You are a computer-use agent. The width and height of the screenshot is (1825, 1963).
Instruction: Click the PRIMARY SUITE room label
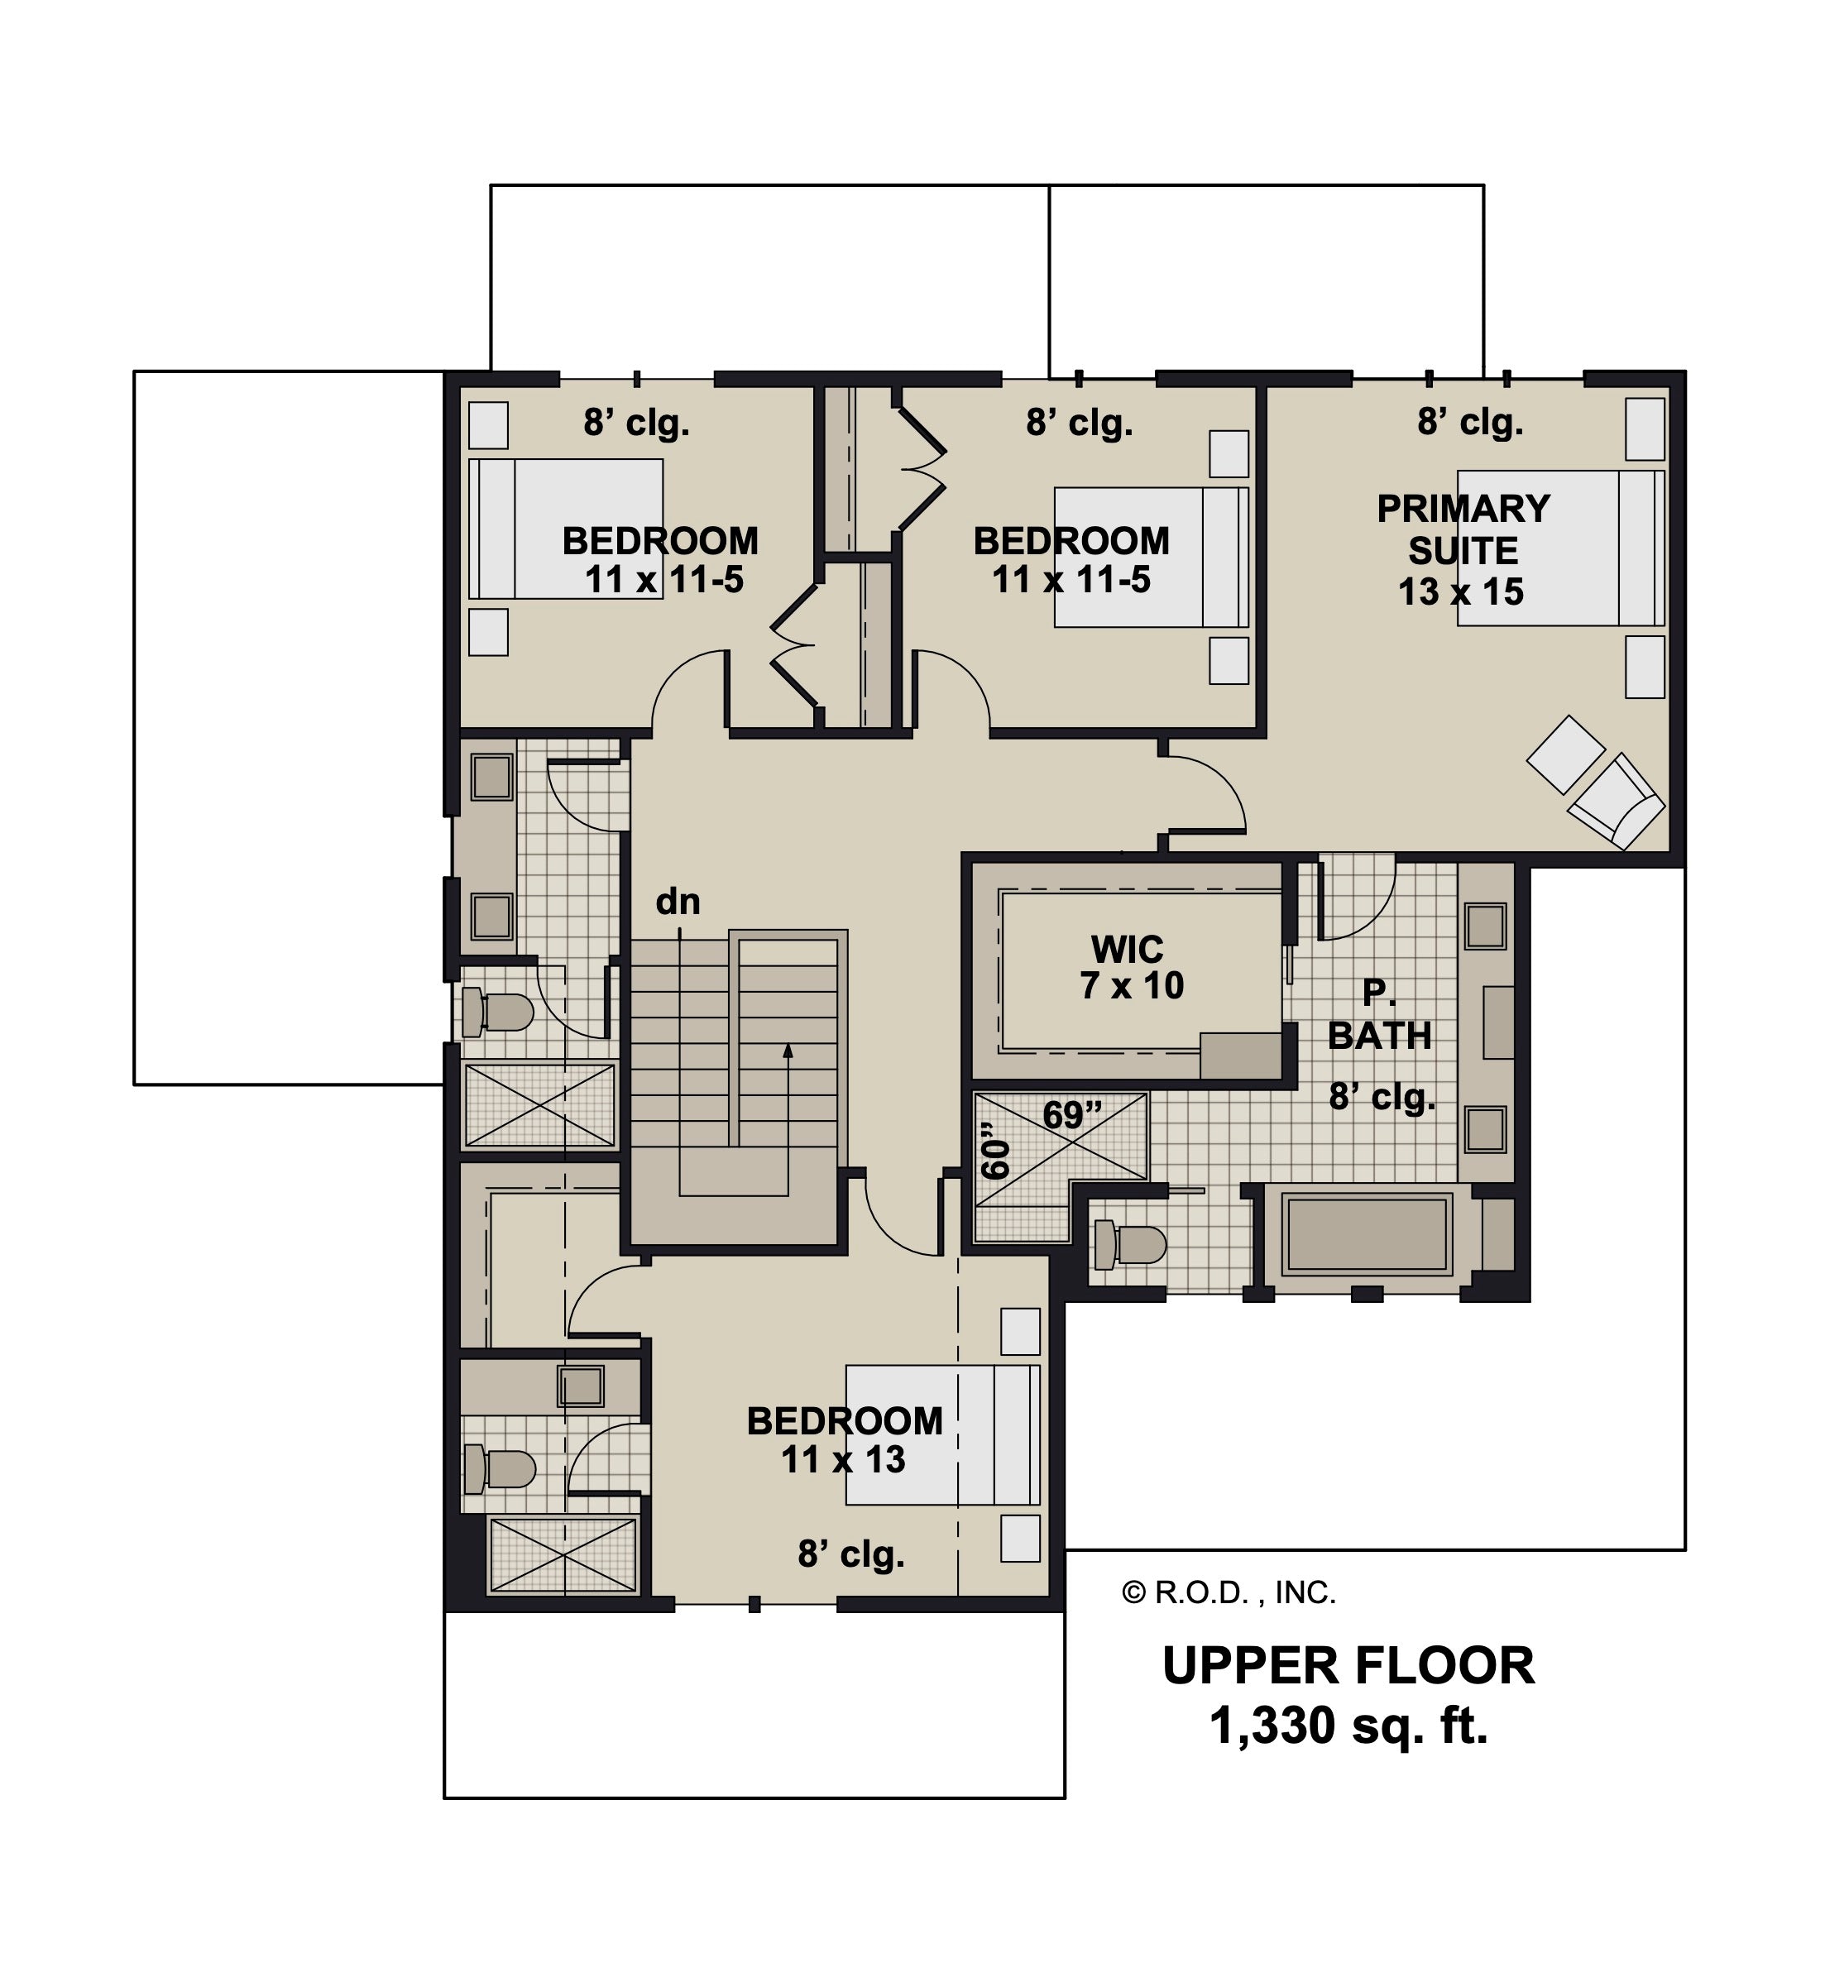click(x=1463, y=529)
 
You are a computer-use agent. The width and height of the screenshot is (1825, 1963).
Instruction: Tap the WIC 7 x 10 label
click(x=1132, y=968)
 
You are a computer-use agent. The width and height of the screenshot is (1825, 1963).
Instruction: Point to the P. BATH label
click(x=1380, y=1016)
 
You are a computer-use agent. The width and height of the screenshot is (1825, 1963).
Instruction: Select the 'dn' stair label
click(x=678, y=901)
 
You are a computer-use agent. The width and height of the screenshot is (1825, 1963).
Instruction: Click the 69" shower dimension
click(x=1072, y=1116)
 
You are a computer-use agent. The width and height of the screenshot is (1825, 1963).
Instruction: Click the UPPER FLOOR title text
click(x=1349, y=1667)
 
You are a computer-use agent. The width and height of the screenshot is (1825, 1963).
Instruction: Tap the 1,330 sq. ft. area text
click(x=1349, y=1727)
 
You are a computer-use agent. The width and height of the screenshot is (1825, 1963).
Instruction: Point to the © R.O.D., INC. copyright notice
click(x=1229, y=1592)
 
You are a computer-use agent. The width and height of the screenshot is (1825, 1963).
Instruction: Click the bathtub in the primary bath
click(x=1368, y=1234)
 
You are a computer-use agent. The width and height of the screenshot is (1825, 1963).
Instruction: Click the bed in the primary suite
click(x=1561, y=547)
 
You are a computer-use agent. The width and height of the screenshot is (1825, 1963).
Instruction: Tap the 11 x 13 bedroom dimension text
click(x=843, y=1459)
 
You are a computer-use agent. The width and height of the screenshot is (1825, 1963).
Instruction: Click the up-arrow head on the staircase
click(x=788, y=1051)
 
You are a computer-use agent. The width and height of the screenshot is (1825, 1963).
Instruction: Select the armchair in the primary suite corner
click(x=1616, y=801)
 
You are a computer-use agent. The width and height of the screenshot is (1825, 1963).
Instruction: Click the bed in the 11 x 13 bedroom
click(x=943, y=1434)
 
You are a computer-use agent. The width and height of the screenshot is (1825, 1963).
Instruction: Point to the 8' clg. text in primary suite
click(x=1470, y=423)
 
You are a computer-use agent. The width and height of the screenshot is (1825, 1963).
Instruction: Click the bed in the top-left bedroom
click(x=566, y=529)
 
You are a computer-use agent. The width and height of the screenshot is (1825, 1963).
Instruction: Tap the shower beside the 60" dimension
click(x=1061, y=1166)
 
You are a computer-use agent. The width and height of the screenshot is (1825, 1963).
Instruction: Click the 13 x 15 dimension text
click(x=1462, y=591)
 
